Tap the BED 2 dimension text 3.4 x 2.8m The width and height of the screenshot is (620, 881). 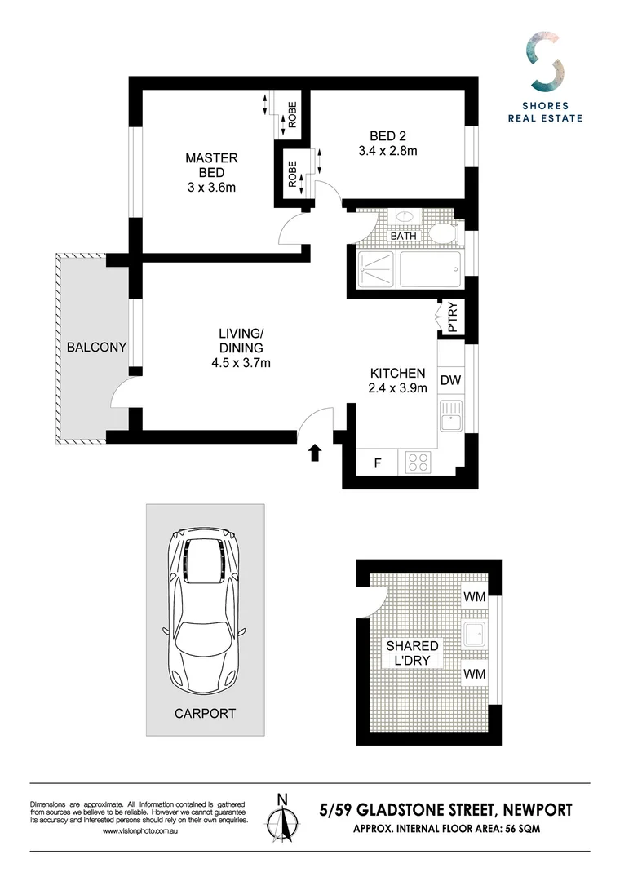[387, 150]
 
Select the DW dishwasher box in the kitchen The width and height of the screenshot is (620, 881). [449, 379]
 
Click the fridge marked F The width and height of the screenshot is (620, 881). [378, 463]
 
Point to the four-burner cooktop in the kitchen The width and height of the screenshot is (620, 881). [418, 463]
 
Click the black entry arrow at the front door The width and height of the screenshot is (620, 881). [315, 452]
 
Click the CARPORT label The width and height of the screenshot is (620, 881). [205, 713]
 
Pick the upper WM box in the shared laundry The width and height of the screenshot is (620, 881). [474, 597]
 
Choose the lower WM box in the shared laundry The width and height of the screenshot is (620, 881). [474, 674]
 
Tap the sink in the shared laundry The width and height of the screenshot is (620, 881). [474, 635]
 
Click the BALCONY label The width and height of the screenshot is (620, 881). [96, 347]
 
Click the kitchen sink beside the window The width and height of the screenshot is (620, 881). [450, 416]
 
